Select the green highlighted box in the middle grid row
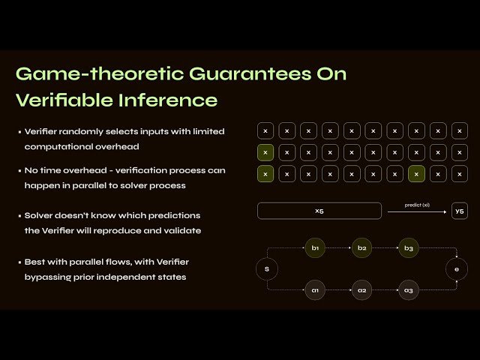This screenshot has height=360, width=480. point(265,152)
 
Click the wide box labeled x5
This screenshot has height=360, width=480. point(319,211)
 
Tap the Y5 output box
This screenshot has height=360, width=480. point(459,211)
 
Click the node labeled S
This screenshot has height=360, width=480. point(266,268)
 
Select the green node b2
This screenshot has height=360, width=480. point(362,247)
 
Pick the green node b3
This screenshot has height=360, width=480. point(409,247)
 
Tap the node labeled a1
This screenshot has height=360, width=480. point(315,289)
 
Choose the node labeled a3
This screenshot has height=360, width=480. point(409,289)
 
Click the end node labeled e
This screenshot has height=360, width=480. point(457,268)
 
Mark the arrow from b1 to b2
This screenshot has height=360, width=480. point(338,247)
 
